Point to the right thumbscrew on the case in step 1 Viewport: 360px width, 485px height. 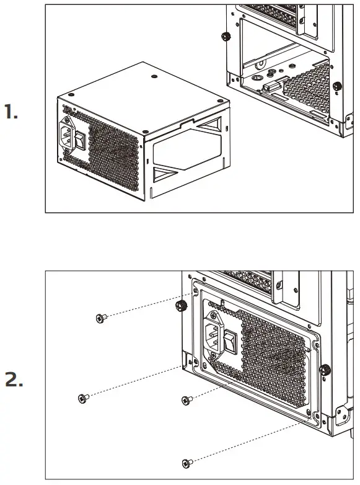(336, 86)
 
